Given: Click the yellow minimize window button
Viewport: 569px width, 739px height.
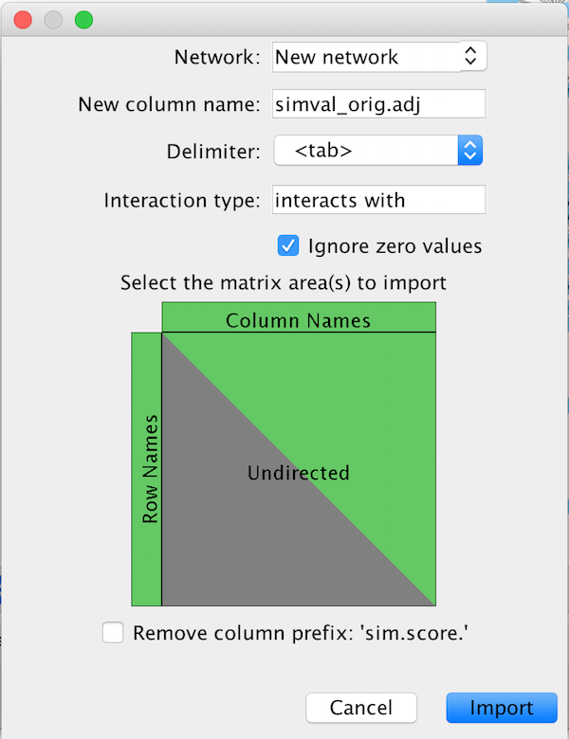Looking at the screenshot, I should click(53, 20).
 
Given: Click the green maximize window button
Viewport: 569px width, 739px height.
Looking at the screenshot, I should click(83, 20).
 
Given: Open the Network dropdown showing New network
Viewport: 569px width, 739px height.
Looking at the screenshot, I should click(379, 57).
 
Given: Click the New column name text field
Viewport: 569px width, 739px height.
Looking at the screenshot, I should click(378, 104).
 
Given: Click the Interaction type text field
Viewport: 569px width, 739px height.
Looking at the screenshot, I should click(378, 200).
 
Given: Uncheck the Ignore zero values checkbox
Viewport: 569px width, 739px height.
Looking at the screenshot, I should click(288, 246).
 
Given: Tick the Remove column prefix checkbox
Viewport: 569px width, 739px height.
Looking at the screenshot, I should click(113, 633).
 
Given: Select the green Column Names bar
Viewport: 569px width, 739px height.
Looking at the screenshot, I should click(299, 318).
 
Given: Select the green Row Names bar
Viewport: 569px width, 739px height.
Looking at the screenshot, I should click(147, 469).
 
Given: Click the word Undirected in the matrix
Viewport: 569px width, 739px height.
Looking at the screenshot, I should click(299, 473).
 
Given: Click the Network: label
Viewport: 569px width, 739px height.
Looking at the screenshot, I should click(217, 57).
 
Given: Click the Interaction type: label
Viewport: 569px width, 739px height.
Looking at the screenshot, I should click(181, 200).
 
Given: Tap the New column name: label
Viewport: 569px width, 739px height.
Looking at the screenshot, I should click(169, 104).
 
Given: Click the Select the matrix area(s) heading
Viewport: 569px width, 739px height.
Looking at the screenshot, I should click(283, 282).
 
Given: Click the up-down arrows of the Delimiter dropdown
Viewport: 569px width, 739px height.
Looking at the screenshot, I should click(470, 151).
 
